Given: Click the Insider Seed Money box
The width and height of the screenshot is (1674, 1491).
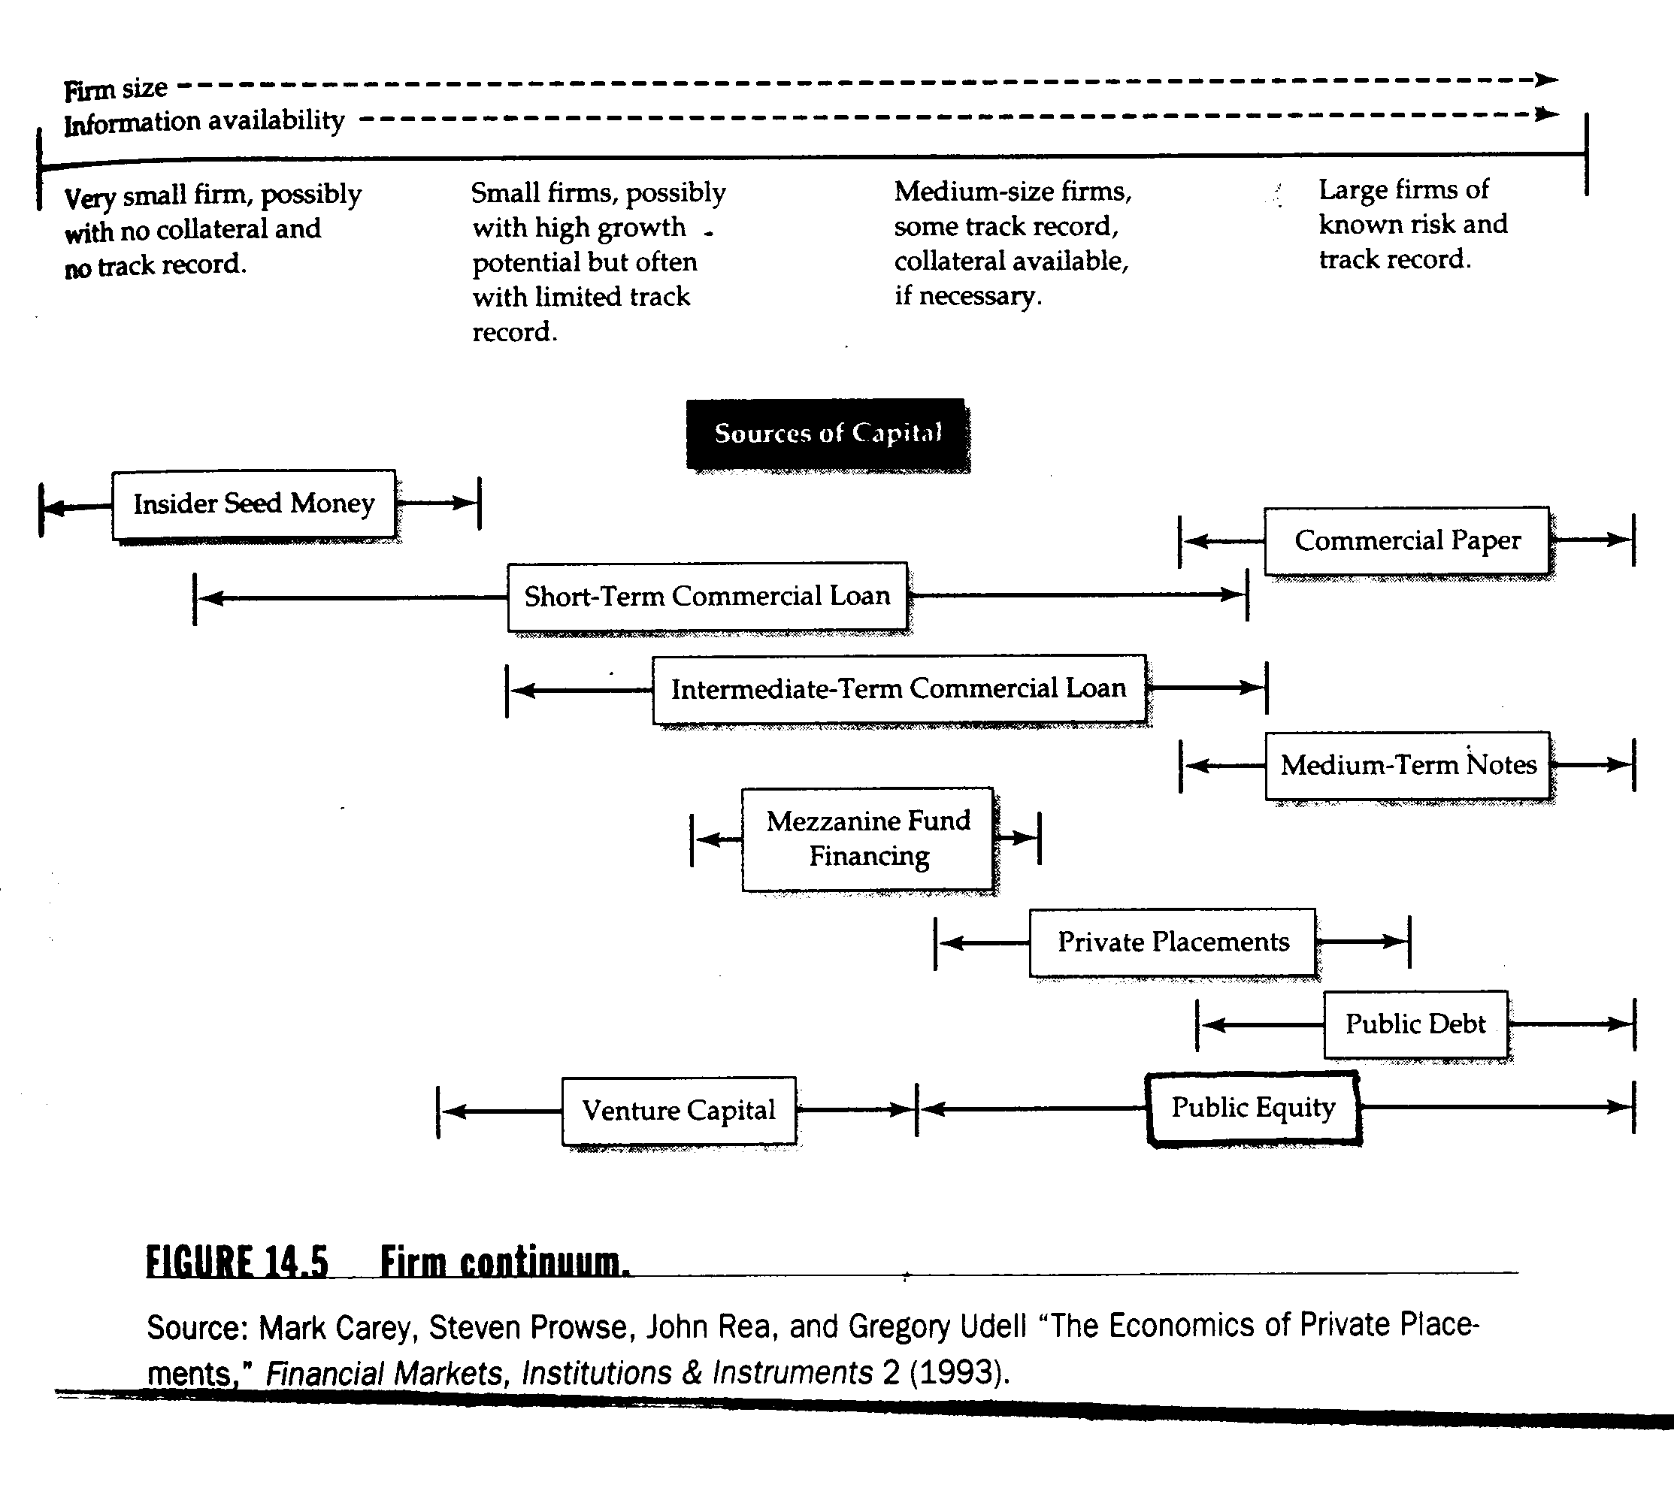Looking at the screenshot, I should pyautogui.click(x=254, y=504).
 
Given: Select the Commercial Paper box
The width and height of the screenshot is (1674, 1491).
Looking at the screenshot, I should pyautogui.click(x=1407, y=540).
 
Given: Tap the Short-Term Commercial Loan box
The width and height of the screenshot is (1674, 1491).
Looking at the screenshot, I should pyautogui.click(x=707, y=597).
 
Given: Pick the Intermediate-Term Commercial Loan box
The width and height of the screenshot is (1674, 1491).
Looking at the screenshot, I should pyautogui.click(x=899, y=689).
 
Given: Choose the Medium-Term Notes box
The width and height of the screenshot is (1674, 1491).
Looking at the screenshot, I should pyautogui.click(x=1408, y=765).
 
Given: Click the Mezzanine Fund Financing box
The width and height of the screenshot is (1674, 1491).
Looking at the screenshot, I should pyautogui.click(x=867, y=839).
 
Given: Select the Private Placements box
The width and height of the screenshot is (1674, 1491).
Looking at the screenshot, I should pyautogui.click(x=1173, y=942).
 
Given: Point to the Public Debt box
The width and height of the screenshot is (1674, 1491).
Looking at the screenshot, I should pyautogui.click(x=1415, y=1024).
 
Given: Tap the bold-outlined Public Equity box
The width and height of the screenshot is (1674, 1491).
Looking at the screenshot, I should pyautogui.click(x=1253, y=1108).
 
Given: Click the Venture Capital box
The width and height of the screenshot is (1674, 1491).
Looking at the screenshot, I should pyautogui.click(x=679, y=1111).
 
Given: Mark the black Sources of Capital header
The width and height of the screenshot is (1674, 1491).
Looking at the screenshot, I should pyautogui.click(x=828, y=434).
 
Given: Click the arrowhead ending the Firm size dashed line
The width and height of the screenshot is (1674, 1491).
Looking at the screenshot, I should pyautogui.click(x=1546, y=80).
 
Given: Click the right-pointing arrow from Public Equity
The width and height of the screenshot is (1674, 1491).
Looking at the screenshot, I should pyautogui.click(x=1618, y=1108).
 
